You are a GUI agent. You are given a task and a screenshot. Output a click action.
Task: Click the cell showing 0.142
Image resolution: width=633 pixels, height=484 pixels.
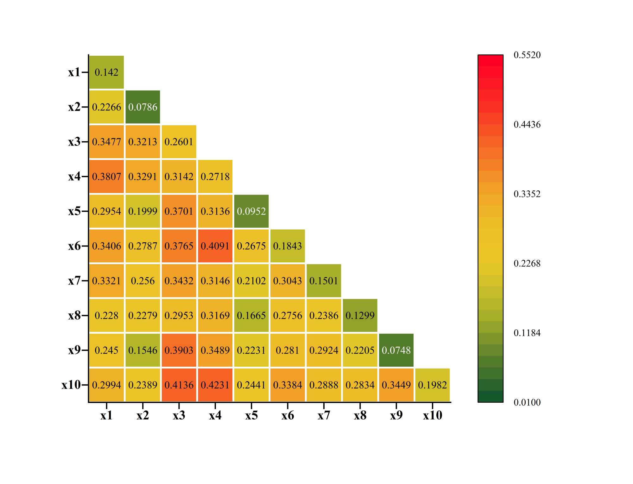coord(106,72)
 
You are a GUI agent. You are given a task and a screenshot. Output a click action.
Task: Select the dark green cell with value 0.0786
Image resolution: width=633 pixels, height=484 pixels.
coord(142,107)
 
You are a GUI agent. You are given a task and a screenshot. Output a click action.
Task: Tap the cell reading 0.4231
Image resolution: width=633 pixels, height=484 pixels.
coord(215,385)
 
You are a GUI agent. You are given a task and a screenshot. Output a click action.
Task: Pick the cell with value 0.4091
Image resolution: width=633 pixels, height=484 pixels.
coord(215,246)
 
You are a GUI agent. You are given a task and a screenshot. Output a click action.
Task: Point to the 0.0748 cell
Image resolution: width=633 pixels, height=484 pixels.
coord(396,350)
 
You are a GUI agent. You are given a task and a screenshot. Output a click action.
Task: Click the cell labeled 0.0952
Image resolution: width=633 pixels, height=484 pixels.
coord(251,211)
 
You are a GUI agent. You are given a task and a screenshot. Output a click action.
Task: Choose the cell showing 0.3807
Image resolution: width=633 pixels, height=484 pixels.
coord(106,176)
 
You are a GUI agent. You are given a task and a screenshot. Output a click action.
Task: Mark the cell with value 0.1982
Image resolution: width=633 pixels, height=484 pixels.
coord(432,385)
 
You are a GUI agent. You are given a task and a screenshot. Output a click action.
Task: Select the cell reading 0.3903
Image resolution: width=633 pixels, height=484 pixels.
coord(179,350)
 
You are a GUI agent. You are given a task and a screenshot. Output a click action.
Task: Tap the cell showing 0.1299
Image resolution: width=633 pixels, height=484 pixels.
coord(360,315)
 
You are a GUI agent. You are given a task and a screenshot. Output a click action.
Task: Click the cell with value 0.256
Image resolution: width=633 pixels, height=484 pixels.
coord(142,281)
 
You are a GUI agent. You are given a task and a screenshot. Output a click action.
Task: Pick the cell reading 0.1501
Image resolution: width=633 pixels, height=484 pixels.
coord(324,281)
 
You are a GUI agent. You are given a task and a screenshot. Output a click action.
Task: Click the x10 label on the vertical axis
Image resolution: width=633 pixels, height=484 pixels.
coord(71,385)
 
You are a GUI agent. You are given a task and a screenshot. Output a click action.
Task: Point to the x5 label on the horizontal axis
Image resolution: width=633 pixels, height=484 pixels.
coord(251,415)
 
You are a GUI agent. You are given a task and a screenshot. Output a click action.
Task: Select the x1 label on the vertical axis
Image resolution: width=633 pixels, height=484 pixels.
coord(74,72)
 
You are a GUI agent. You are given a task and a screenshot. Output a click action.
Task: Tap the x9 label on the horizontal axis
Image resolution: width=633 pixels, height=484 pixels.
coord(396,415)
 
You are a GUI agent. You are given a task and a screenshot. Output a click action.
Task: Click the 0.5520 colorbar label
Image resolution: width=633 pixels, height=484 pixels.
coord(527,55)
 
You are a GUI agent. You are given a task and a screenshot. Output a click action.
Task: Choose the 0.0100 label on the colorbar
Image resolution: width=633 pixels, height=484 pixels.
coord(527,402)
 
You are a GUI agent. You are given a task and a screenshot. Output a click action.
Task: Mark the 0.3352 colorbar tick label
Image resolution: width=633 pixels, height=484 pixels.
coord(527,194)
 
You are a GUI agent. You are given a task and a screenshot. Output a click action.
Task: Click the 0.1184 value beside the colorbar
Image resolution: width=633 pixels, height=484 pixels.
coord(527,333)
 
